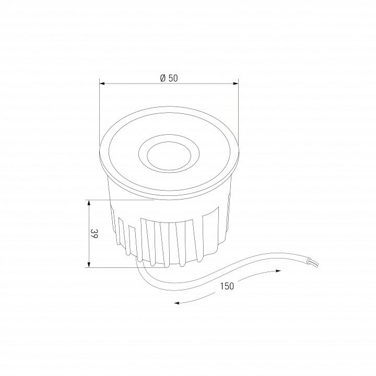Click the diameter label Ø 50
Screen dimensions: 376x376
169,78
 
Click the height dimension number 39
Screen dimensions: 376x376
94,233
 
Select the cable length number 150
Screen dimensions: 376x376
227,286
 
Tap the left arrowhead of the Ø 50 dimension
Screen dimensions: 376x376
102,84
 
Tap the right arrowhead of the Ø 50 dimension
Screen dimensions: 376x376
236,84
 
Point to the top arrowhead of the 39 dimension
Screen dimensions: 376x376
89,203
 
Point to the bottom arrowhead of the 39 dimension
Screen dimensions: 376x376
89,264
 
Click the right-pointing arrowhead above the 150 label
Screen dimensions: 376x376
278,271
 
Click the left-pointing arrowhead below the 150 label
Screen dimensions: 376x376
177,303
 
